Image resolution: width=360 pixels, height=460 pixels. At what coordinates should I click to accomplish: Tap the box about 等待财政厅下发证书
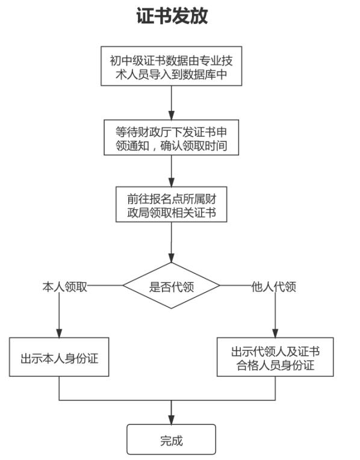[x=172, y=137]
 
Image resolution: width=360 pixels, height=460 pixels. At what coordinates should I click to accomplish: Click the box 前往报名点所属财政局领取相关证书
[x=172, y=204]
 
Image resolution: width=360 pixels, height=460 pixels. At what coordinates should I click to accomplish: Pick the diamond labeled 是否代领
[x=172, y=286]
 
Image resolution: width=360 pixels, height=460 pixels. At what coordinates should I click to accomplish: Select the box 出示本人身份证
[x=59, y=359]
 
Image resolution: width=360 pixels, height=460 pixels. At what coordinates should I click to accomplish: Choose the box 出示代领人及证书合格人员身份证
[x=275, y=358]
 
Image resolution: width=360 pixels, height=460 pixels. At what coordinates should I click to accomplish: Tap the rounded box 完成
[x=171, y=440]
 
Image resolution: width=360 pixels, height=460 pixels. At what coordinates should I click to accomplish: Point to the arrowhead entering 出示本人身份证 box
[x=59, y=333]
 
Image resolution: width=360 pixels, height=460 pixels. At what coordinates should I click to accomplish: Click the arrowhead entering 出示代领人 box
[x=275, y=333]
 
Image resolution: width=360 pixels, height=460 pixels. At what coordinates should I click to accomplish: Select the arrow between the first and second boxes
[x=172, y=100]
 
